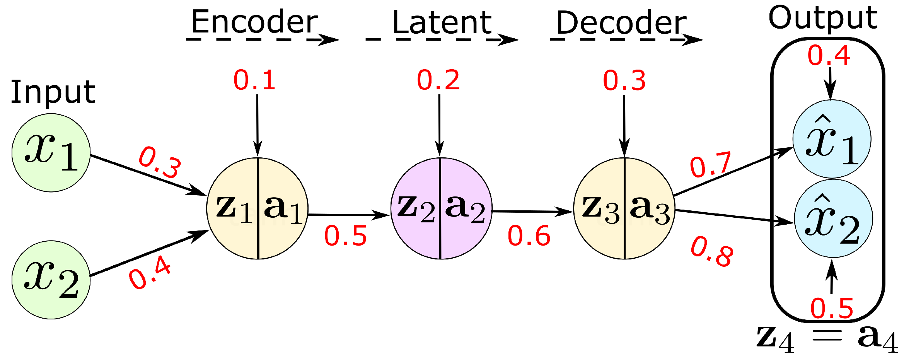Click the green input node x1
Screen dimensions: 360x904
coord(51,153)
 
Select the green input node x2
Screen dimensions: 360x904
coord(51,280)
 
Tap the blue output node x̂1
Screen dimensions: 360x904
coord(832,139)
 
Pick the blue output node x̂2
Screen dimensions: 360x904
coord(833,218)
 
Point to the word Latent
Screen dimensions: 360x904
coord(442,22)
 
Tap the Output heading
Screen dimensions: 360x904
coord(823,18)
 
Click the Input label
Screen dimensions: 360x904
coord(53,92)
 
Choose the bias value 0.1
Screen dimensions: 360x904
coord(254,80)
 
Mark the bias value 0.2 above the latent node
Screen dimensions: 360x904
coord(438,80)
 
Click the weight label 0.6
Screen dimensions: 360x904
coord(529,236)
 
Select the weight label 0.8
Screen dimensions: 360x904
coord(712,252)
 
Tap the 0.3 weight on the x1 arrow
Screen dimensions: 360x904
coord(160,162)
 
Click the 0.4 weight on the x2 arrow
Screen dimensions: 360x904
coord(150,273)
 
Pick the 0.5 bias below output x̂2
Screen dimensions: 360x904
coord(832,309)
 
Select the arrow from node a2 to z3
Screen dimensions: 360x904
coord(532,212)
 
